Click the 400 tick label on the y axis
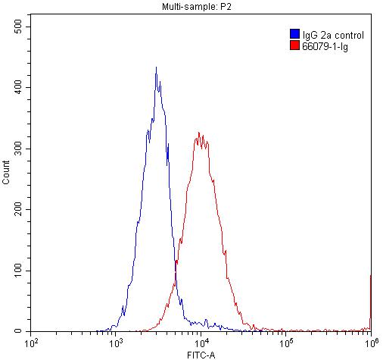[x=20, y=87]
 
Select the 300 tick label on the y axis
[x=20, y=149]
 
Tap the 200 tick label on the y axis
[x=20, y=210]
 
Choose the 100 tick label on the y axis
[x=20, y=271]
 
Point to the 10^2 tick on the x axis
[x=32, y=343]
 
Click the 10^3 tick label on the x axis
[x=117, y=343]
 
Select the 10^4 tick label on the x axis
[x=201, y=343]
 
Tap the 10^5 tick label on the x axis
[x=286, y=343]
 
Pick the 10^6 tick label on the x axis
[x=370, y=343]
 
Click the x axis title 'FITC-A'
[x=200, y=354]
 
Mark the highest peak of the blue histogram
[x=156, y=67]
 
